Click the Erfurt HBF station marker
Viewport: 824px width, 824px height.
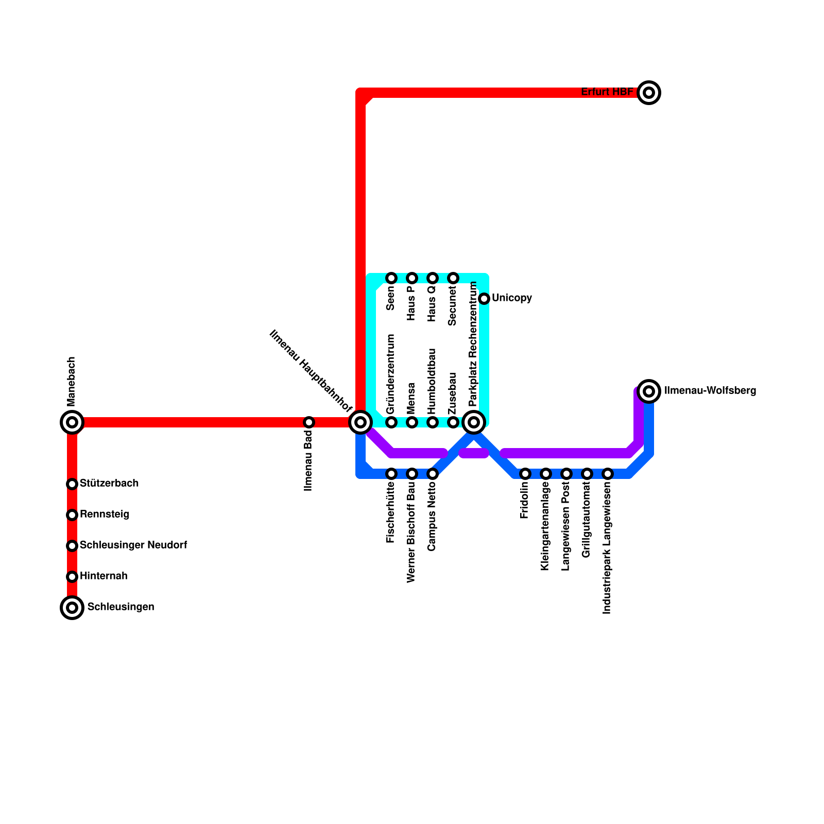click(649, 93)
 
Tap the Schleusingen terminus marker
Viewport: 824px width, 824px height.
click(72, 608)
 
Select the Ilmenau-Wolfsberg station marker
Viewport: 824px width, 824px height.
click(649, 391)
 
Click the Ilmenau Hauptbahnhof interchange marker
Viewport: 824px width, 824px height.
click(360, 422)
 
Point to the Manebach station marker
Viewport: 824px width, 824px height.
click(72, 422)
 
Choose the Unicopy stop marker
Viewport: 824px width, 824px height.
click(484, 299)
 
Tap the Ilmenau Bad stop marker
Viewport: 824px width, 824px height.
click(309, 422)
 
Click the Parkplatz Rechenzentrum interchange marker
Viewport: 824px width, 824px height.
click(474, 422)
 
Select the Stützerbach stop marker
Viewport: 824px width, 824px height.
click(72, 484)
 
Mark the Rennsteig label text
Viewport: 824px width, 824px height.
click(105, 514)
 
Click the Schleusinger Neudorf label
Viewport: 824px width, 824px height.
click(133, 545)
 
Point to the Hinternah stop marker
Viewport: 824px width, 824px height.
click(72, 577)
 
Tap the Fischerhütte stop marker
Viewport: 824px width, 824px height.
click(391, 474)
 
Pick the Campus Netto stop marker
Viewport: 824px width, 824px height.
click(433, 474)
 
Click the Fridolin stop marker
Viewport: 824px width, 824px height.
click(525, 474)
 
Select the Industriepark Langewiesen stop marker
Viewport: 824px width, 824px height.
click(608, 474)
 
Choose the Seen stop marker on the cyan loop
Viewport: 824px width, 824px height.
click(391, 278)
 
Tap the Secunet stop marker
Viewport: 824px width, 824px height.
click(453, 278)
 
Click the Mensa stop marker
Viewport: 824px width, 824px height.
click(412, 422)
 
